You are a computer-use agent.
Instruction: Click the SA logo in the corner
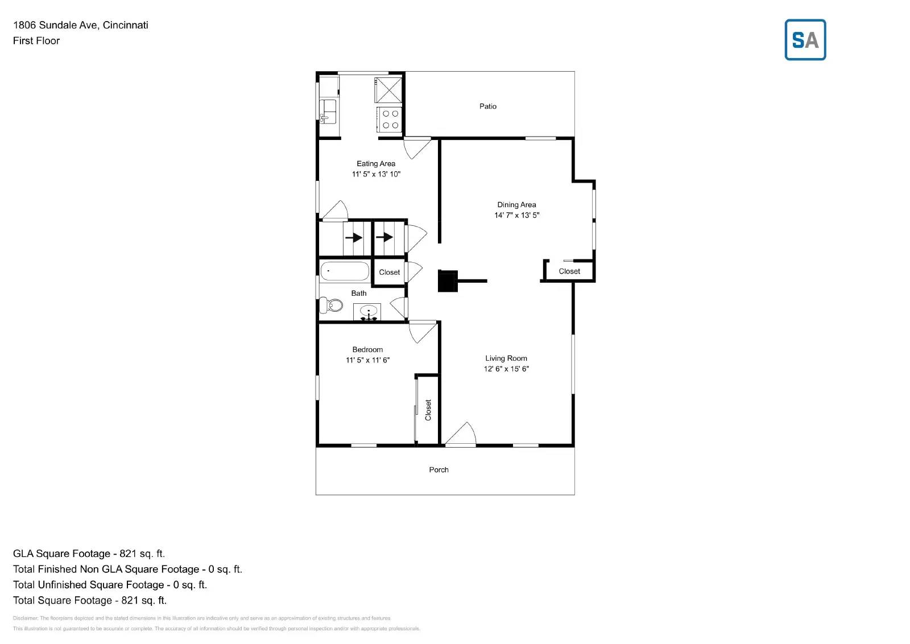point(805,40)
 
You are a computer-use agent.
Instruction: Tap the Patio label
point(487,106)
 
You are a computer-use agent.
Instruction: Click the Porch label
point(439,470)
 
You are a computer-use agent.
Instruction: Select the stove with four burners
point(390,119)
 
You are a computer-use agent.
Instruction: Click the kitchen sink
point(328,111)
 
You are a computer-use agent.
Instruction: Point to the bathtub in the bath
point(345,271)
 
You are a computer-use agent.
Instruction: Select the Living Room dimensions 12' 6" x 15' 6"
point(506,369)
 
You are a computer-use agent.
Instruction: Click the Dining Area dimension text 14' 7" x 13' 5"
point(516,215)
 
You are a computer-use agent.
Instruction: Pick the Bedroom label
point(367,350)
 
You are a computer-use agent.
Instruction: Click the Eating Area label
point(376,164)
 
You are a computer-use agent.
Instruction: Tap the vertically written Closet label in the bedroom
point(428,410)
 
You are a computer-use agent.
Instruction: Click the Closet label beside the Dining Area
point(569,271)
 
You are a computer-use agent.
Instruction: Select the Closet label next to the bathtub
point(390,273)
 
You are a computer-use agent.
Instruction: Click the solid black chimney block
point(448,281)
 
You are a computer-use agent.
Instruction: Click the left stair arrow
point(354,238)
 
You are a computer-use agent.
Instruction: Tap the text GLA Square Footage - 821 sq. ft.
point(89,554)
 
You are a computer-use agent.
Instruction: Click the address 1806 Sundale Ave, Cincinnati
point(81,25)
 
